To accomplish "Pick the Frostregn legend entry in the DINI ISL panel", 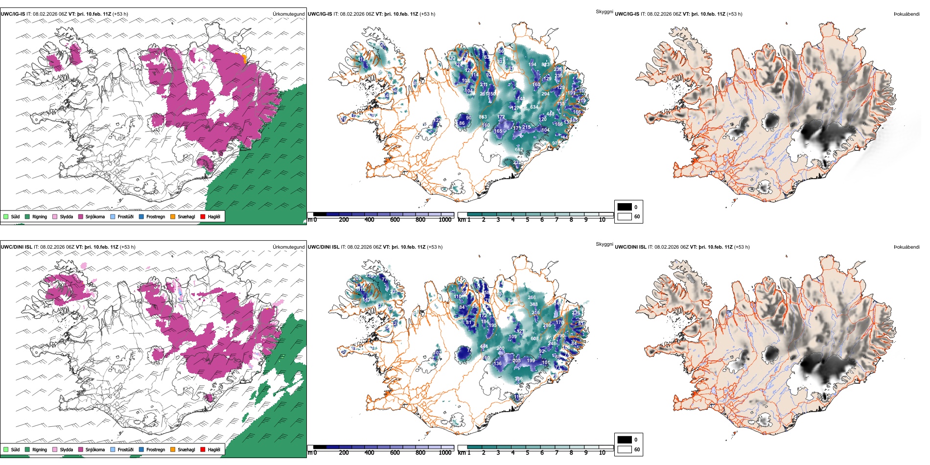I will point(155,450).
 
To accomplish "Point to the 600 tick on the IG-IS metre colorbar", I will point(395,220).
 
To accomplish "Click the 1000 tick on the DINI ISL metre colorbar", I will point(445,453).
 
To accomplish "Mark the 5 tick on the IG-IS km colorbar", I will point(527,220).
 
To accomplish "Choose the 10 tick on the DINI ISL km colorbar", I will point(602,453).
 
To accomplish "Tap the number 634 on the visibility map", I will point(534,107).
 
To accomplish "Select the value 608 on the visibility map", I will point(535,339).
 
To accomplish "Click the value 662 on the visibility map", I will point(519,150).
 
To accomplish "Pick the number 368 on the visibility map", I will point(518,379).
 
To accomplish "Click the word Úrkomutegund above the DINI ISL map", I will point(288,247).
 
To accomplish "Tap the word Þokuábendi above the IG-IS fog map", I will point(907,14).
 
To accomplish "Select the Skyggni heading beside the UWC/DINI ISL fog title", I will point(604,244).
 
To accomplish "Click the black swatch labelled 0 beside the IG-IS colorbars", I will point(625,207).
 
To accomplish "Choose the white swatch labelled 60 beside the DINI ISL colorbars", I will point(625,449).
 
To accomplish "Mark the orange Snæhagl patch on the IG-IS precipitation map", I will point(243,58).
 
